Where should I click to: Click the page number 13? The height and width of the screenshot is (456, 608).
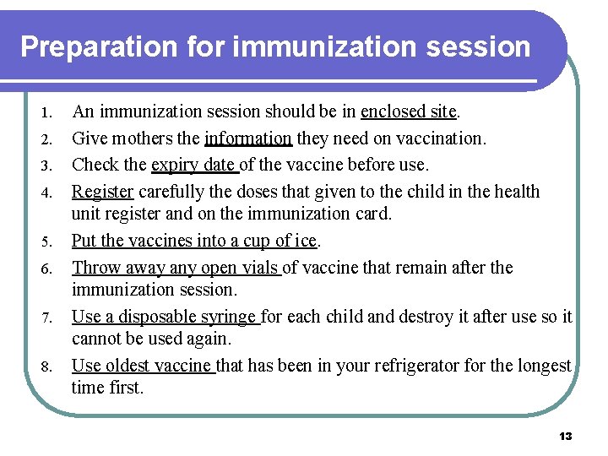click(565, 436)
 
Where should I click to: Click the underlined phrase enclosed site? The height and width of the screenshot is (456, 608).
click(408, 111)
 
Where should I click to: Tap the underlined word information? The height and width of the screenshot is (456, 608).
click(247, 138)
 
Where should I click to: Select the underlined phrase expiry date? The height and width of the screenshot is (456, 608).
click(193, 164)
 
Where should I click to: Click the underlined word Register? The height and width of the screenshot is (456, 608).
click(102, 191)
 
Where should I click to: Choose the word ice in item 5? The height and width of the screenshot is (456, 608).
click(305, 241)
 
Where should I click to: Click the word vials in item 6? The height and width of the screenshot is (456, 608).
click(258, 268)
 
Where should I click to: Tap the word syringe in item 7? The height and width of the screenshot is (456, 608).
click(228, 317)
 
